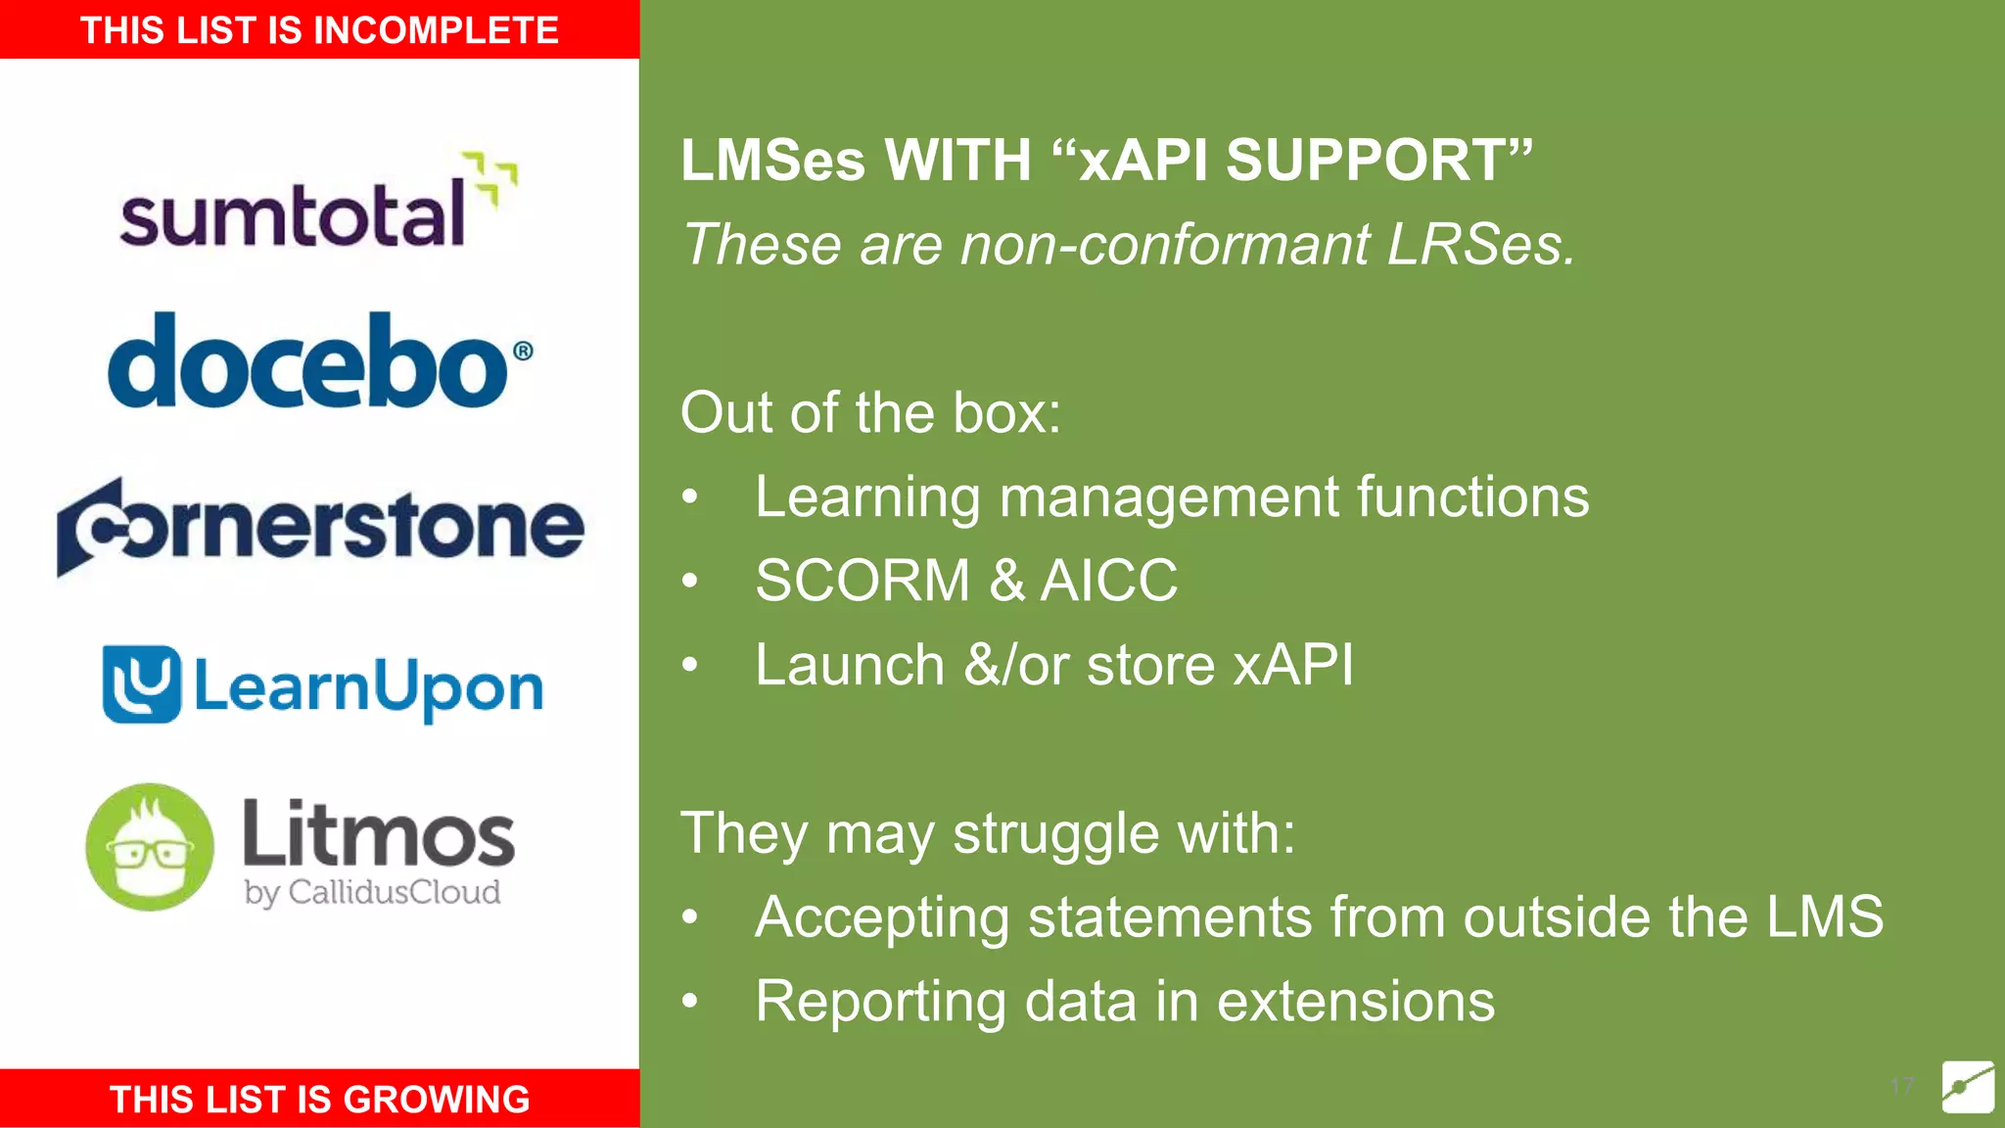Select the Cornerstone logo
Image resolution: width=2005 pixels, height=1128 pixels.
(320, 527)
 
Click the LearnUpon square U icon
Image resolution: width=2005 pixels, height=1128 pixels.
(142, 684)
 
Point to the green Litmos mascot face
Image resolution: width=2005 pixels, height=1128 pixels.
(150, 848)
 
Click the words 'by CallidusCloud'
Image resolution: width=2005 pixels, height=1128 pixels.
(372, 893)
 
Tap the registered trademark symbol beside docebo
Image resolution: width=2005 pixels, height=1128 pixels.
(523, 351)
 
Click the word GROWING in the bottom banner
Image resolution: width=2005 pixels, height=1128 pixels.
(437, 1100)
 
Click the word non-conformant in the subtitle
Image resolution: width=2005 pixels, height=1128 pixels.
(1165, 244)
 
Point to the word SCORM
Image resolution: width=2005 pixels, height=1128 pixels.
(863, 581)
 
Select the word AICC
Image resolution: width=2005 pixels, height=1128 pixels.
(1108, 581)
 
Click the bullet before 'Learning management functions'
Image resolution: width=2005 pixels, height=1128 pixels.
(690, 497)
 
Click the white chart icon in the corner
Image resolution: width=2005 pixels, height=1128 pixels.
(1968, 1086)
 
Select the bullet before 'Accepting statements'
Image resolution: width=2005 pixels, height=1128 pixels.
(690, 917)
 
